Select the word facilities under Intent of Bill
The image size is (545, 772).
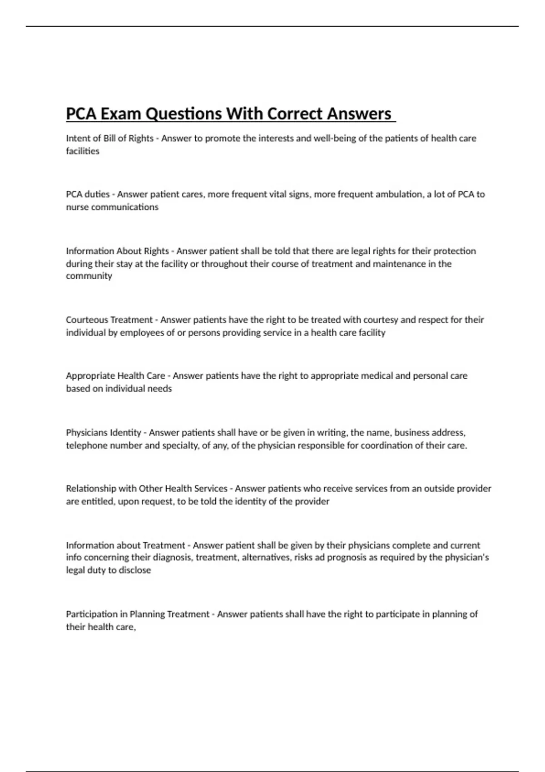click(x=83, y=151)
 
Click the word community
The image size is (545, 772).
click(x=89, y=276)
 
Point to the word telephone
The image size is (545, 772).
click(x=86, y=445)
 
